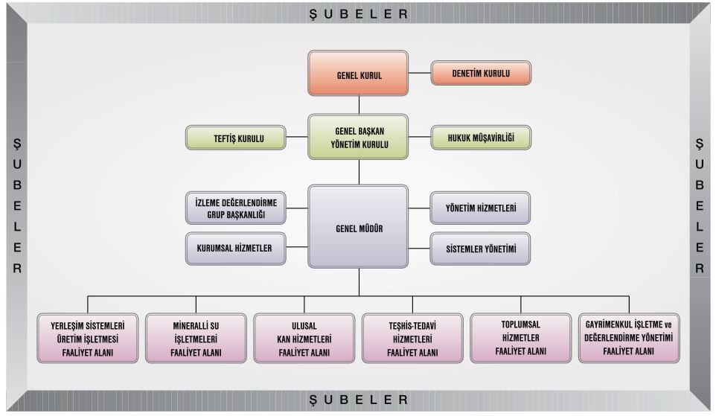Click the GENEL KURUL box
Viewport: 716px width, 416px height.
point(359,74)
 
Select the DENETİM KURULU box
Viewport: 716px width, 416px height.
point(482,74)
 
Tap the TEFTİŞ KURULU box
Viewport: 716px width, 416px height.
point(236,138)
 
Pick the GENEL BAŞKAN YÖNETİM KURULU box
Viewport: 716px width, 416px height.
point(359,137)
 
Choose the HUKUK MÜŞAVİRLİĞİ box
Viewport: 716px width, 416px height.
point(482,138)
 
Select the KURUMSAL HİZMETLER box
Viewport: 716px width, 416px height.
point(236,248)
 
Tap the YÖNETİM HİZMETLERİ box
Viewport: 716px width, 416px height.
point(482,208)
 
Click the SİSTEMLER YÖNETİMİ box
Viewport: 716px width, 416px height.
point(482,248)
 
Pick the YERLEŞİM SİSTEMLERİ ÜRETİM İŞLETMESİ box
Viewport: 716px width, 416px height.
point(88,339)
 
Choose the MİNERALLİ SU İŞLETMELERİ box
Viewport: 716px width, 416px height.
point(196,339)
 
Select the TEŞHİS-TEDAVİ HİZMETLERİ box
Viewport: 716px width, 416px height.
point(412,339)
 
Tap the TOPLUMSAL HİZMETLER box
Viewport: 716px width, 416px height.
point(521,338)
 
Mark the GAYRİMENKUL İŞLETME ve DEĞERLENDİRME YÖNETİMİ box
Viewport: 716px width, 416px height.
point(629,338)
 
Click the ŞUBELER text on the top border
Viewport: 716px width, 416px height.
point(359,13)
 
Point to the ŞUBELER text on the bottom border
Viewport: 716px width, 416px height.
point(359,400)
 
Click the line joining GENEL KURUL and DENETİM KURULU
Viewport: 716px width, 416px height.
point(421,74)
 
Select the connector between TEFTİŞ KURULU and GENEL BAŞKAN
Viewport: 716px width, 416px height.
point(298,138)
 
